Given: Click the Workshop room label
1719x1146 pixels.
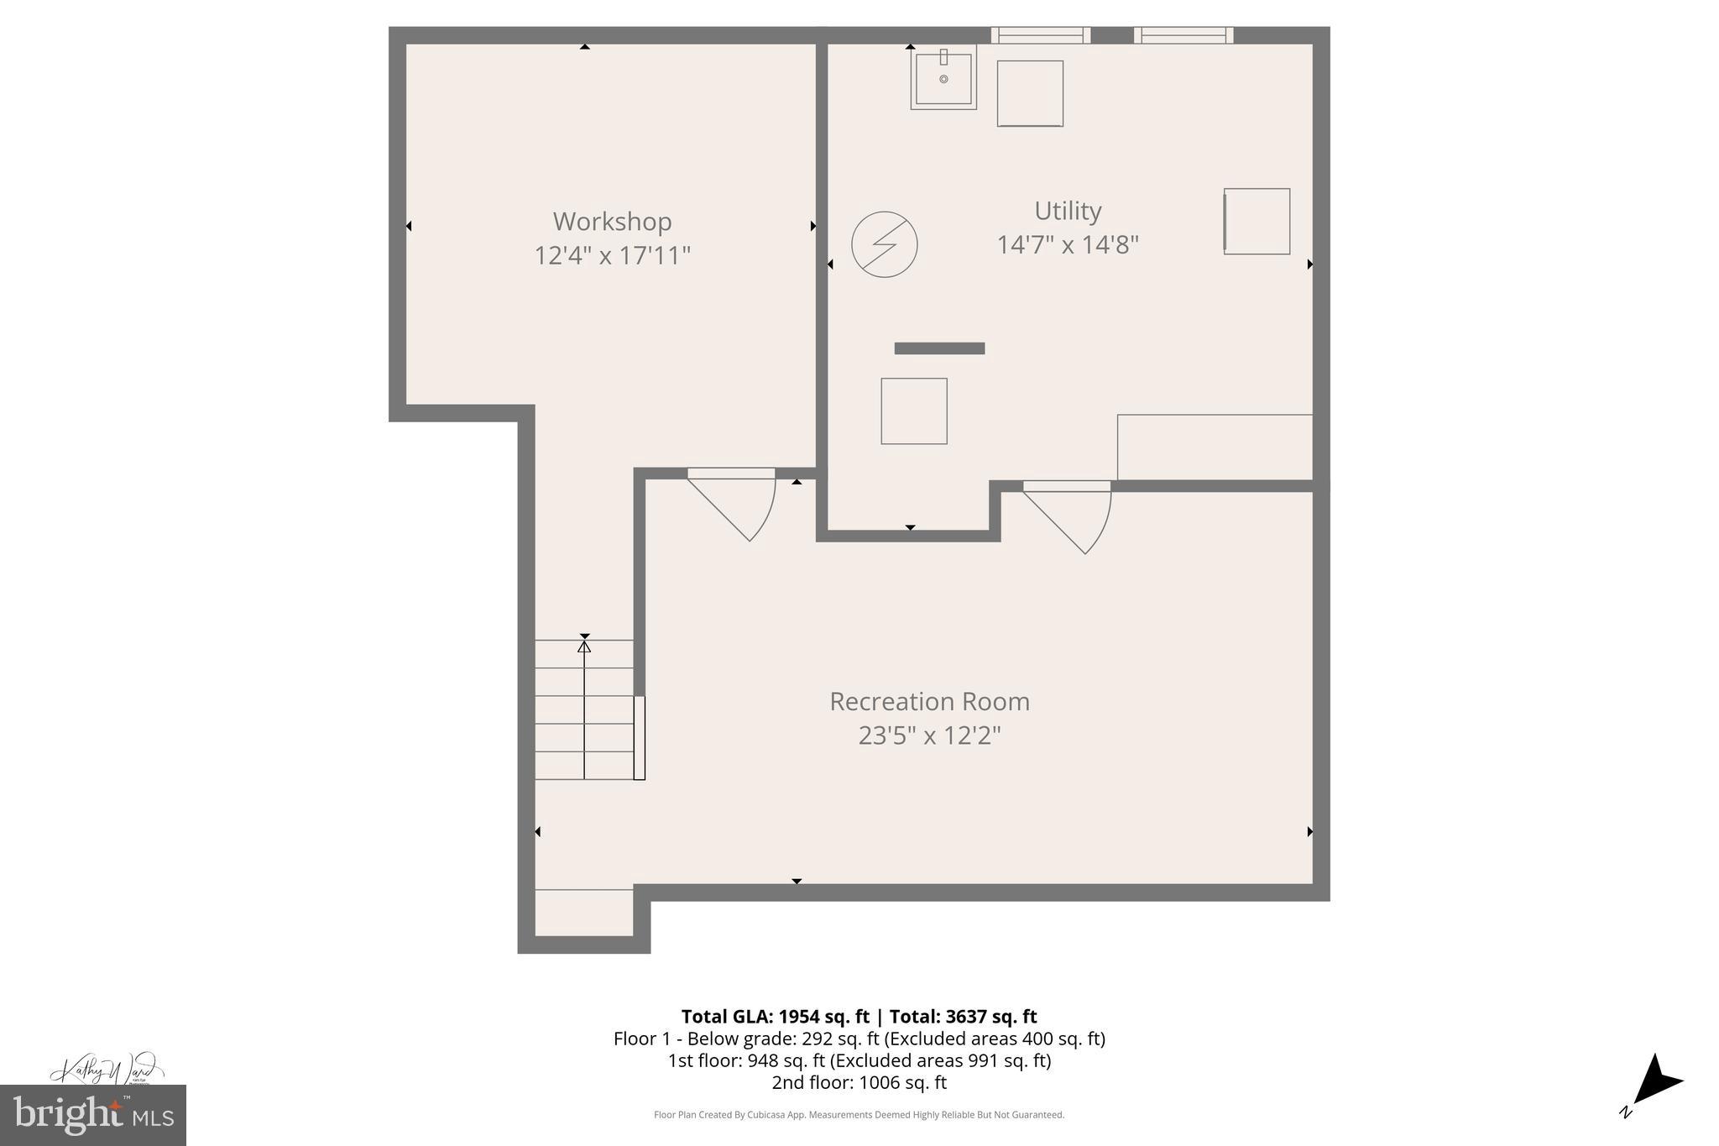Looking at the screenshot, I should point(612,222).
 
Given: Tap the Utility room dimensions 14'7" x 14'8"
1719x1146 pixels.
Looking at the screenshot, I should point(1067,245).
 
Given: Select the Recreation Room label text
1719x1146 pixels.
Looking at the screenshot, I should point(929,702).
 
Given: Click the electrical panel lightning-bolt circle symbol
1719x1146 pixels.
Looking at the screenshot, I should point(884,244).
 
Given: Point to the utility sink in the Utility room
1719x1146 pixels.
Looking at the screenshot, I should point(943,79).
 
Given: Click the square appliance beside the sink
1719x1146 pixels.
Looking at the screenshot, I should point(1030,93).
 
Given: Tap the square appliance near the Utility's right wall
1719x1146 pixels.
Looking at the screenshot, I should point(1257,222).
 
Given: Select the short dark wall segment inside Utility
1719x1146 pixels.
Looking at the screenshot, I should point(939,348).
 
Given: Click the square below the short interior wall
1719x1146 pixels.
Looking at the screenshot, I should point(914,411).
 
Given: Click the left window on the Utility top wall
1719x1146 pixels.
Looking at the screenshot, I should point(1041,35).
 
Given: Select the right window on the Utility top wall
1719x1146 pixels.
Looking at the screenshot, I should point(1183,35).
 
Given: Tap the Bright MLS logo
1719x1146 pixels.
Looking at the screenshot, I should point(93,1115).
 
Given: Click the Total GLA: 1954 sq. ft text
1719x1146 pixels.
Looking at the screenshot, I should point(775,1017).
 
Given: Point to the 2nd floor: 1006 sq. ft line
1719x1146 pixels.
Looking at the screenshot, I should point(859,1083).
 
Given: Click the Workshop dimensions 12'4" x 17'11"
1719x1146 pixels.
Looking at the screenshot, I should point(612,255).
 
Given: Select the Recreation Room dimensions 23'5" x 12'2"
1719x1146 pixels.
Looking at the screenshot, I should point(929,736).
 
